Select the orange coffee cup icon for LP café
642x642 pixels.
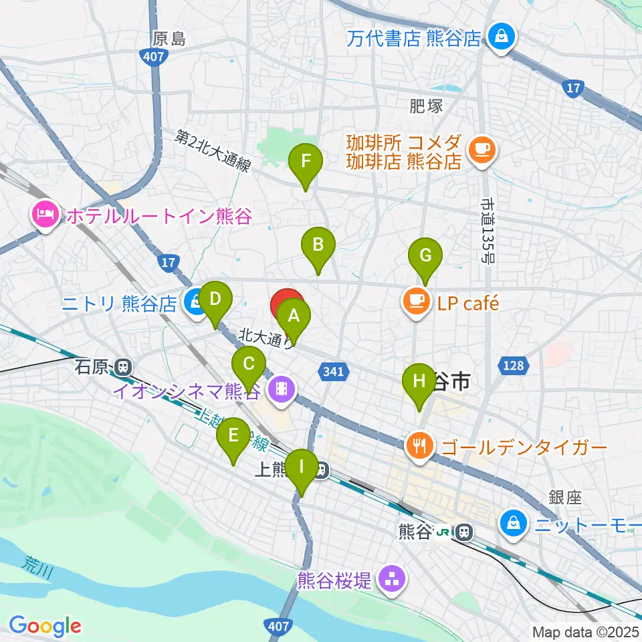417,303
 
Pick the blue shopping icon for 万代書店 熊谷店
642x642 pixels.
500,36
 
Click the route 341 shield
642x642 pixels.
334,372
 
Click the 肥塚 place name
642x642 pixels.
425,105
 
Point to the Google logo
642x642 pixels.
45,626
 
